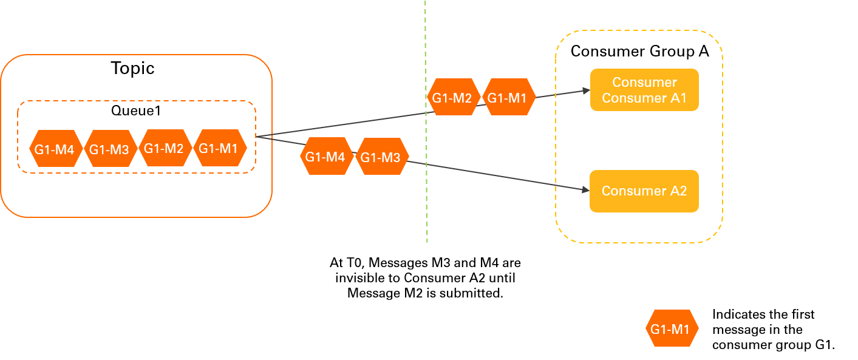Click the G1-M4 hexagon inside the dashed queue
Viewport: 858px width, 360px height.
tap(55, 148)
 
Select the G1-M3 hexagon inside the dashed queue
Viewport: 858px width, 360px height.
tap(110, 148)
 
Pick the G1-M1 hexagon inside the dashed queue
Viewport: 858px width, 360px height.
tap(220, 148)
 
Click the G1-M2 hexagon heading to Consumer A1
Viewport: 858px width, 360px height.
tap(453, 97)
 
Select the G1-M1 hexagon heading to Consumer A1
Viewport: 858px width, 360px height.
tap(508, 97)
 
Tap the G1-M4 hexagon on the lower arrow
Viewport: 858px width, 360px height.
tap(326, 157)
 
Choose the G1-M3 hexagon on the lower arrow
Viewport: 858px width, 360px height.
tap(381, 157)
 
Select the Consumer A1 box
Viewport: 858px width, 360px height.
tap(644, 90)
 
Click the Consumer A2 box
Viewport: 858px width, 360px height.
tap(644, 191)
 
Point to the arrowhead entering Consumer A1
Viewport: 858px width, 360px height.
tap(587, 90)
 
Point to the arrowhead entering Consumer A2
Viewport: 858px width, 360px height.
tap(587, 191)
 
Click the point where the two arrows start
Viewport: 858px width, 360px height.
tap(257, 137)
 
